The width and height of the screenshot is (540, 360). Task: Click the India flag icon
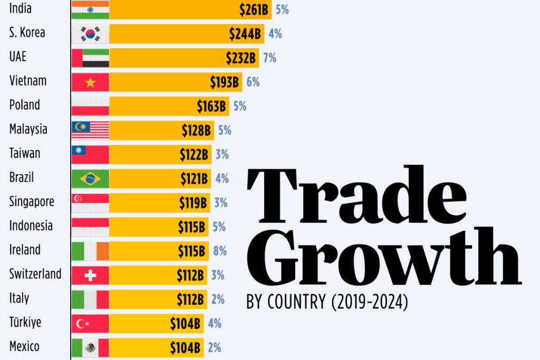tap(90, 9)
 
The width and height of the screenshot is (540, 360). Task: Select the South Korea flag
tap(90, 34)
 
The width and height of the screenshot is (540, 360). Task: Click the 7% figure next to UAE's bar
tap(269, 58)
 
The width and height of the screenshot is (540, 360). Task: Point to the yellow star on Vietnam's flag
tap(90, 82)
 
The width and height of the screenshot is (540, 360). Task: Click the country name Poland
tap(24, 105)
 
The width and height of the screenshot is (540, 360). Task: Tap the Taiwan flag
tap(90, 154)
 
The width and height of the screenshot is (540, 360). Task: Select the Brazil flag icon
tap(90, 179)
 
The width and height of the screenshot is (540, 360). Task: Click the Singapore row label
tap(32, 201)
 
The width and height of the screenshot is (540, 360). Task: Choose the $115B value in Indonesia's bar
tap(191, 227)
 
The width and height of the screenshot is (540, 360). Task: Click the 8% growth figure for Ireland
tap(220, 251)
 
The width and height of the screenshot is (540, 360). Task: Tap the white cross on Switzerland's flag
tap(90, 275)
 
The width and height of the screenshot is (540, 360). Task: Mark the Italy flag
tap(90, 299)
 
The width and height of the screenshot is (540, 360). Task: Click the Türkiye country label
tap(25, 323)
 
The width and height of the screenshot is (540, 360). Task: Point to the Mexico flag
tap(90, 348)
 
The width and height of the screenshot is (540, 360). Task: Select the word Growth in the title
tap(383, 258)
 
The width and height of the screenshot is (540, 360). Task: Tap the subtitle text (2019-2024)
tap(370, 303)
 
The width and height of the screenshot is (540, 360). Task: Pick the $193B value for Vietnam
tap(225, 82)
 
